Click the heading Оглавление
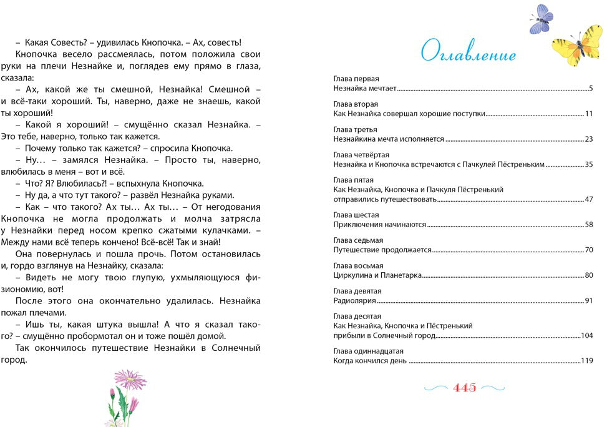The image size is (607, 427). click(469, 53)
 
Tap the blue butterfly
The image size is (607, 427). click(540, 19)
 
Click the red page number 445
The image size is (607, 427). click(465, 388)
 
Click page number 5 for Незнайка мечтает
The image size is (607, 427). click(590, 89)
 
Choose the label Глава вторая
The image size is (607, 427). click(356, 104)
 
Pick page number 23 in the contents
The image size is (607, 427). click(588, 139)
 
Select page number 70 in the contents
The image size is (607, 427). click(588, 250)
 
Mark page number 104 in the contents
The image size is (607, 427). click(586, 336)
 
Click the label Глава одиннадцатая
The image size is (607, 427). click(368, 351)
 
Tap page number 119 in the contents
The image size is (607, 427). click(586, 361)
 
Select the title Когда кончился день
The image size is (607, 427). click(370, 361)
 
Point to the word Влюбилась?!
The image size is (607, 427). click(84, 184)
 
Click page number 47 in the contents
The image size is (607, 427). click(588, 200)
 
